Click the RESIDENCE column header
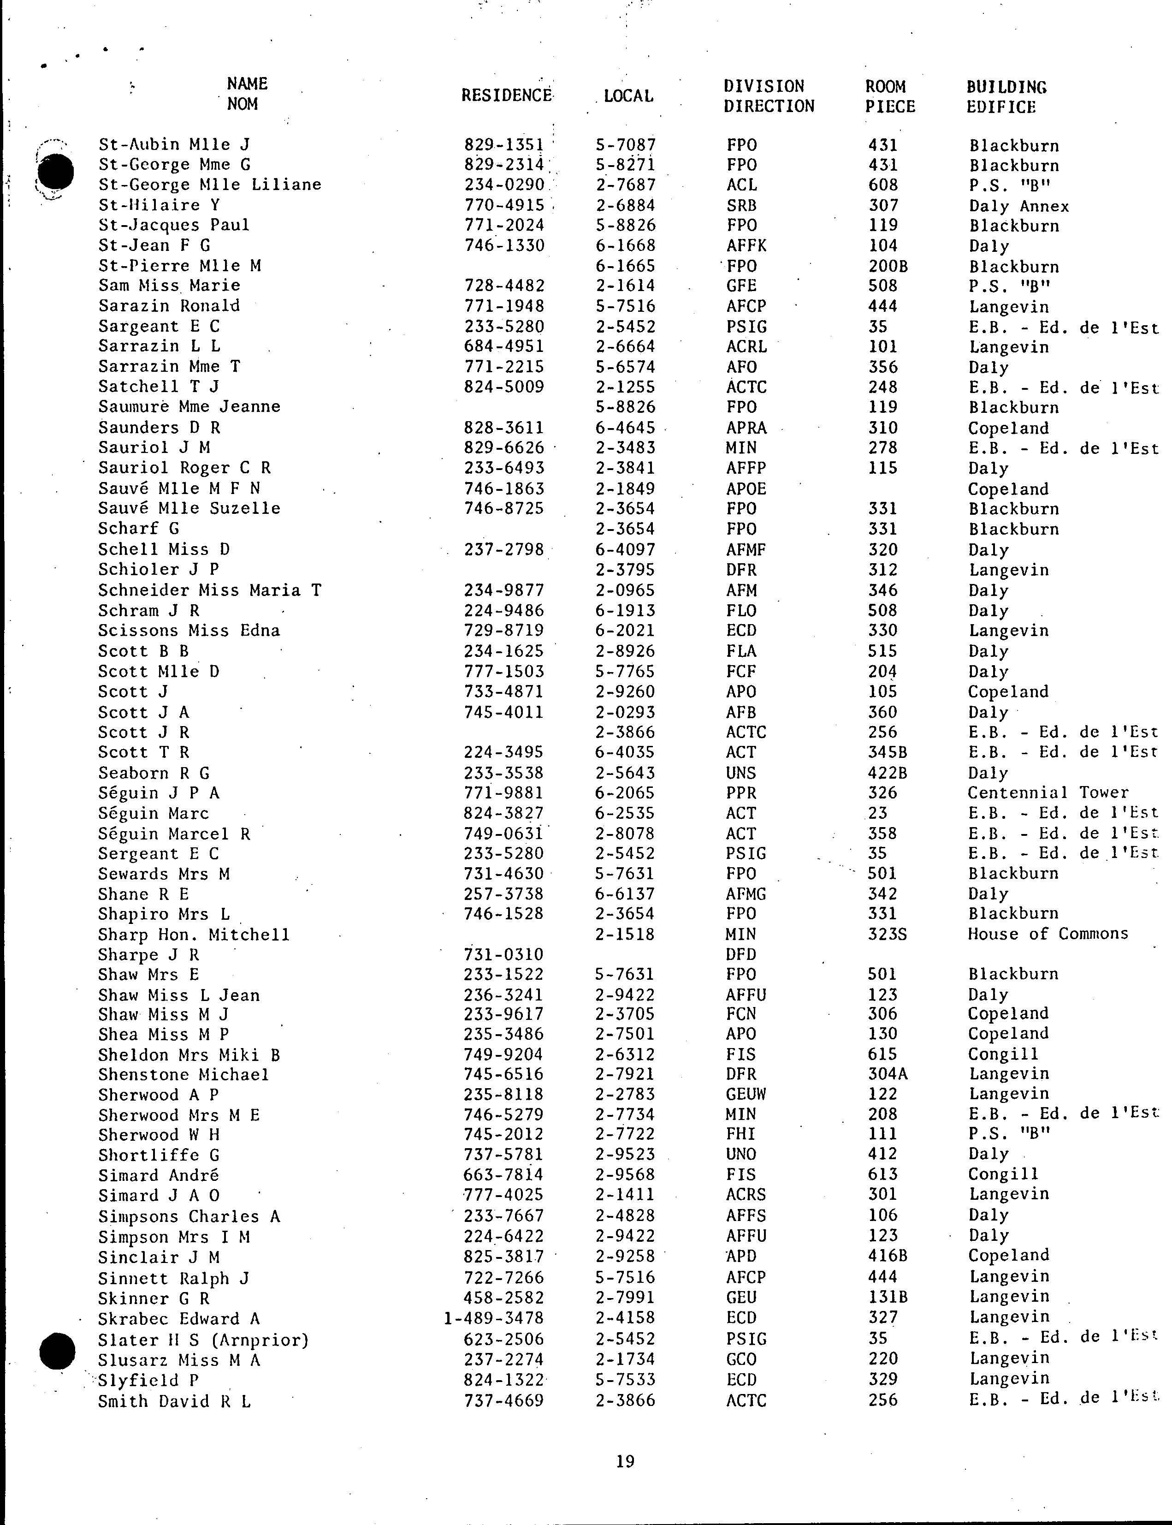click(x=507, y=95)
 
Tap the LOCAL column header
click(x=628, y=96)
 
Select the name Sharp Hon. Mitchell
click(x=194, y=935)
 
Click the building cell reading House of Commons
click(x=1047, y=934)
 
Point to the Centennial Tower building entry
click(x=1047, y=793)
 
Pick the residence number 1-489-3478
click(x=494, y=1318)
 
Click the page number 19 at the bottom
click(x=626, y=1461)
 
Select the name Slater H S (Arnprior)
click(x=203, y=1340)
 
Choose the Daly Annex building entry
click(x=1018, y=206)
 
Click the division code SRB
click(x=741, y=206)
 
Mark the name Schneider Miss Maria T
click(x=209, y=590)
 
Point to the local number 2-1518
click(x=625, y=935)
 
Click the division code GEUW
click(x=746, y=1094)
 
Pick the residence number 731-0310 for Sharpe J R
click(x=503, y=955)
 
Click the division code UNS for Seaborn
click(x=741, y=773)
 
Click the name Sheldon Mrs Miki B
click(x=189, y=1054)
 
